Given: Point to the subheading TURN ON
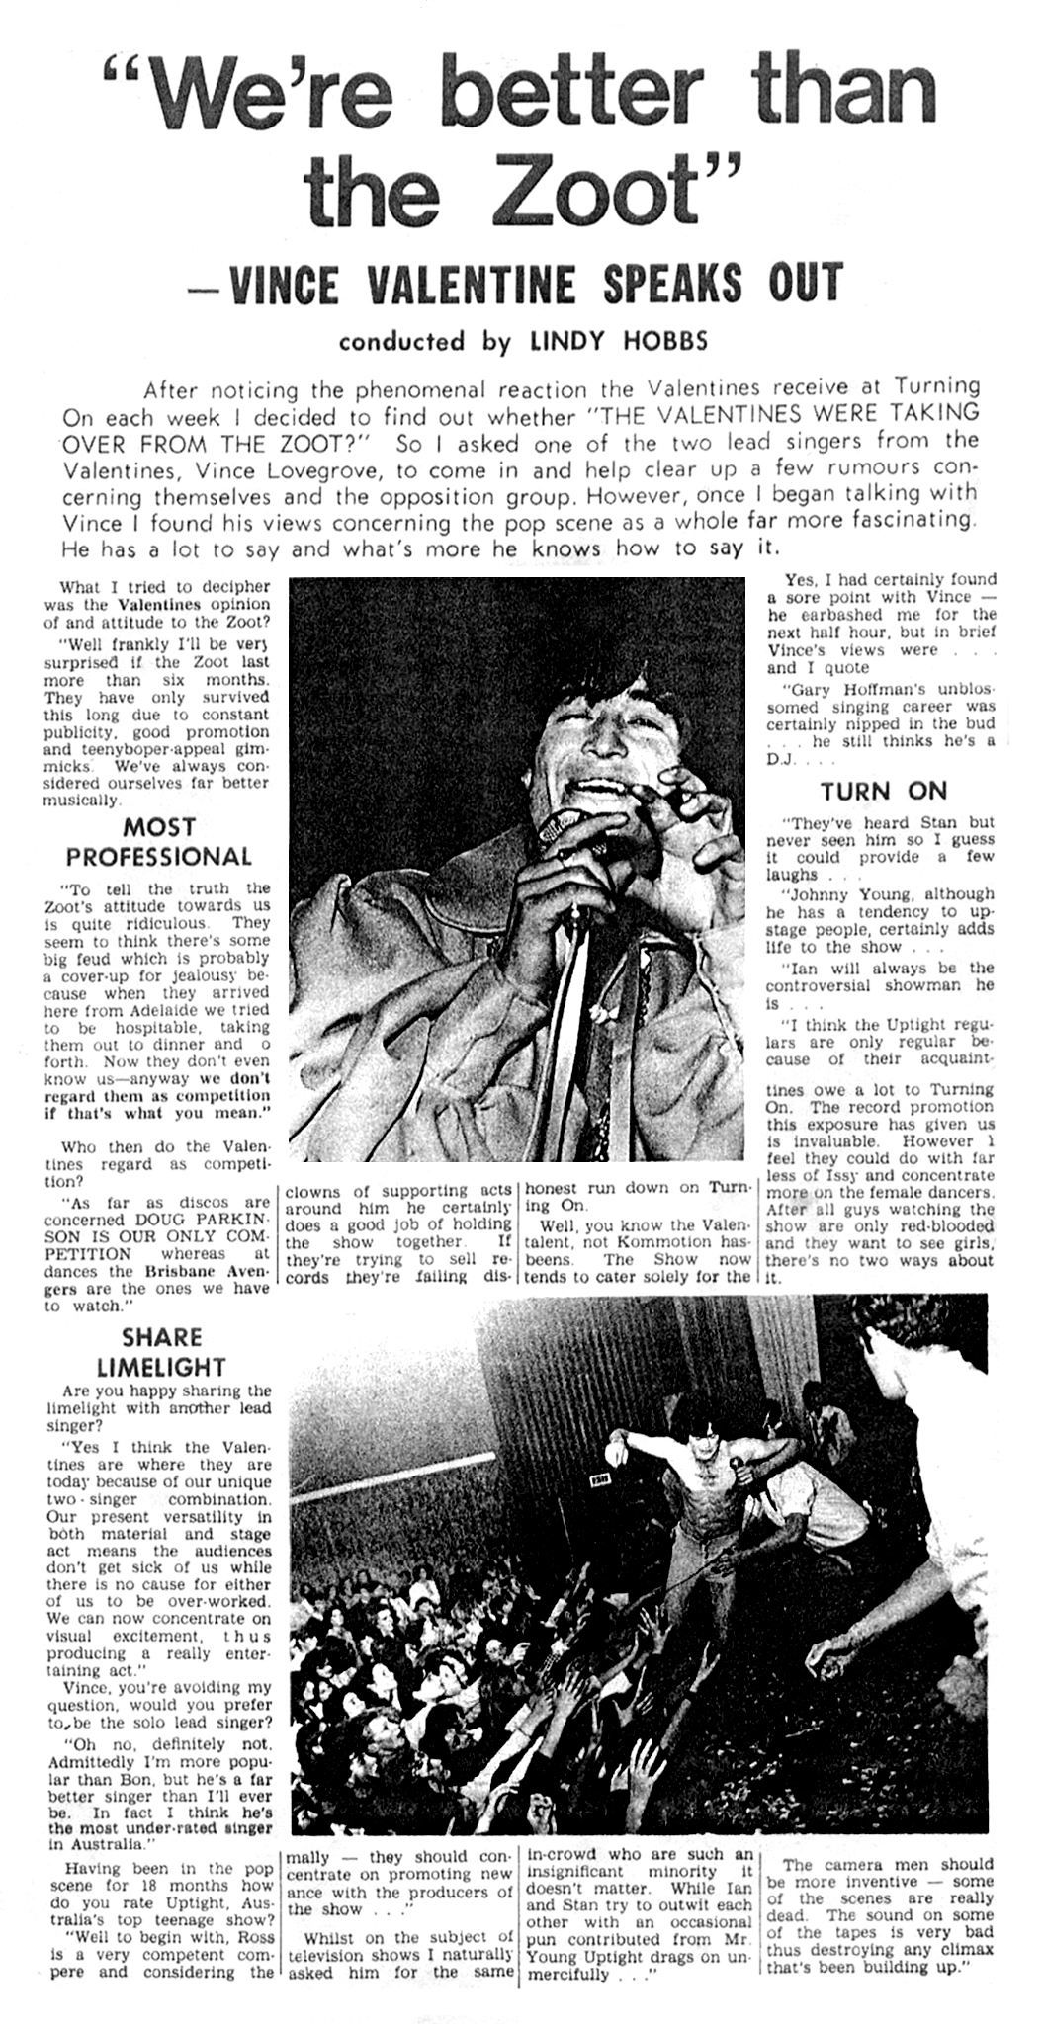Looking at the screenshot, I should click(x=883, y=791).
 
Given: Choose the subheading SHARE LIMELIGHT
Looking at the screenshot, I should click(x=161, y=1352).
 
